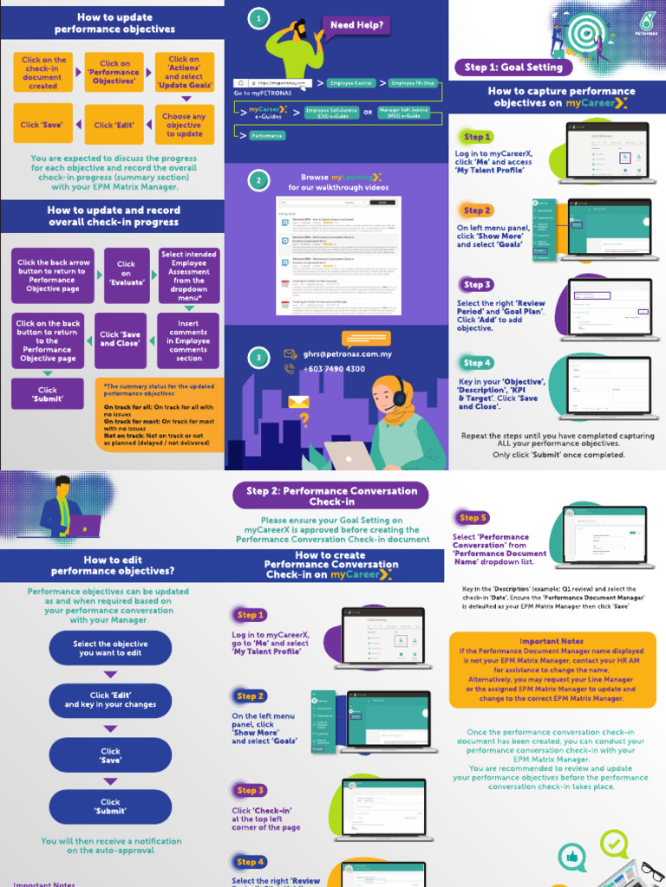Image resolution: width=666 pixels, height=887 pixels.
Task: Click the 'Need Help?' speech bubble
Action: [x=356, y=25]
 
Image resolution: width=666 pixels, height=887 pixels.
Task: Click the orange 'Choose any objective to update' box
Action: [x=184, y=126]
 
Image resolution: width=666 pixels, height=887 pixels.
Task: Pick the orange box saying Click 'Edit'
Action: [x=114, y=126]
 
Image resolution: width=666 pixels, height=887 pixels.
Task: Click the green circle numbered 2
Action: [x=257, y=180]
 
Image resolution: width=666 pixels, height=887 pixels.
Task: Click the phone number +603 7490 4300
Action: [x=334, y=369]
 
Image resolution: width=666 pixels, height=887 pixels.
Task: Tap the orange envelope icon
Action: [x=299, y=401]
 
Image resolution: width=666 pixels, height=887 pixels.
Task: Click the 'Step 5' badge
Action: [x=472, y=518]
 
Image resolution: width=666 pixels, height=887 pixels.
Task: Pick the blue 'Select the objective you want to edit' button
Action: [x=110, y=649]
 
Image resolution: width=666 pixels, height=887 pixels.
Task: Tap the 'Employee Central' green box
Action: [x=351, y=83]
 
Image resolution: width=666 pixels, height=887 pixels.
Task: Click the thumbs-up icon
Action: [x=572, y=857]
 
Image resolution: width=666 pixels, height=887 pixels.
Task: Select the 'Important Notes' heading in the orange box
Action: [x=552, y=642]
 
